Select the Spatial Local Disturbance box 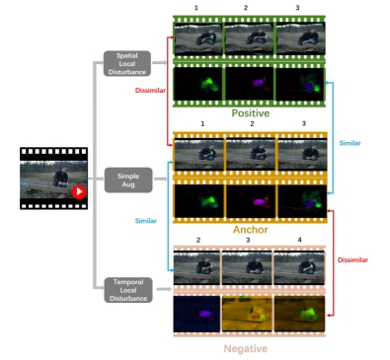coord(127,64)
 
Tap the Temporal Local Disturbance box coord(127,289)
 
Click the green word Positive coord(250,113)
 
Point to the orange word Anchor coord(250,229)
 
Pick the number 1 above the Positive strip coord(197,8)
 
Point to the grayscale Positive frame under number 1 coord(197,37)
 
